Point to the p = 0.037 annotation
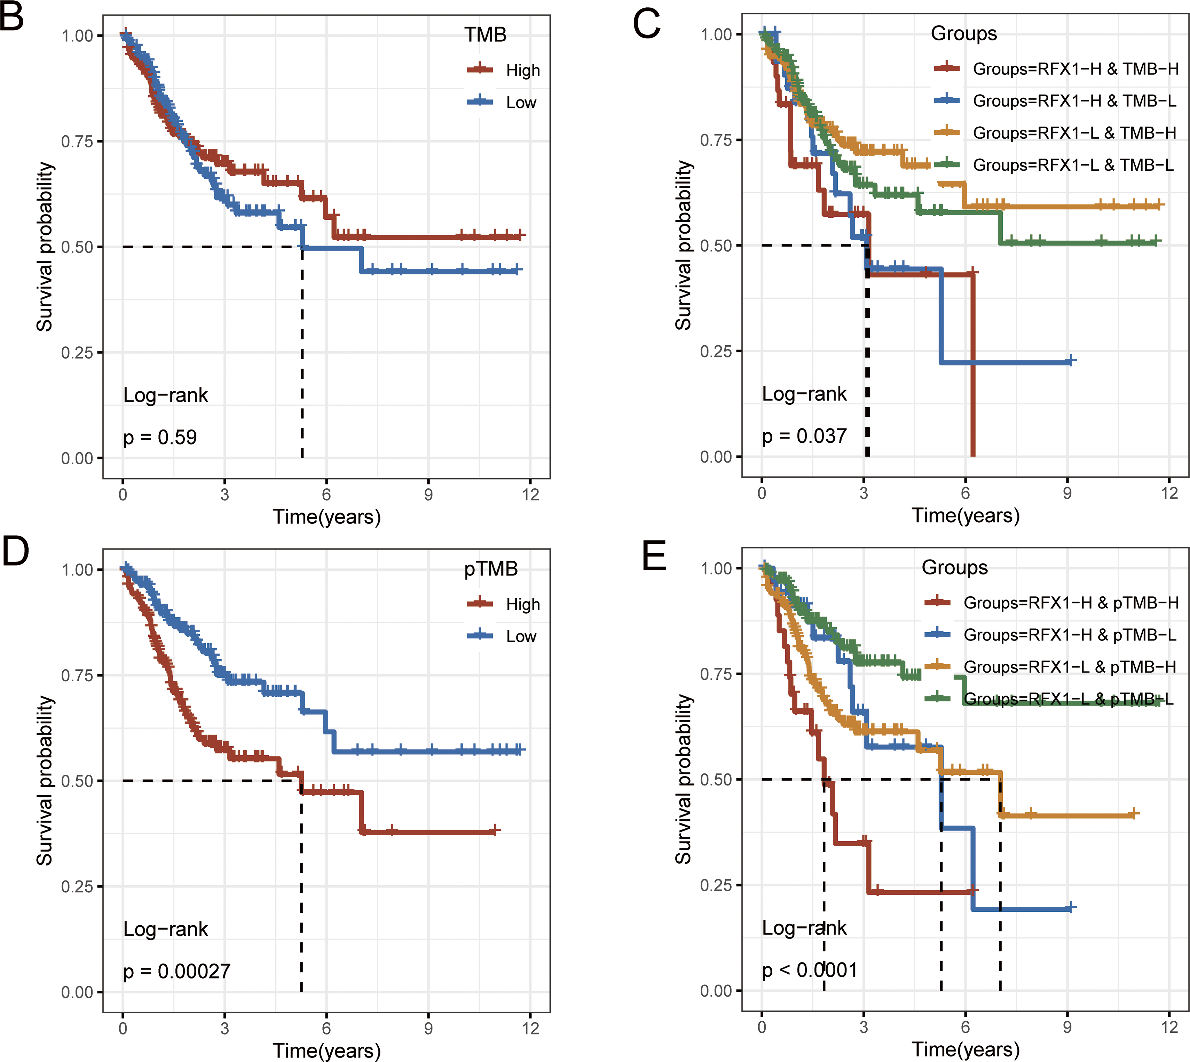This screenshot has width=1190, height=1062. (x=804, y=436)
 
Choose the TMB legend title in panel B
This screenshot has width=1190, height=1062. (x=485, y=35)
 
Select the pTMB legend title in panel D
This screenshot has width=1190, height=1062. (x=490, y=569)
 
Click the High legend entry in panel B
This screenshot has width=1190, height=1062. (x=522, y=71)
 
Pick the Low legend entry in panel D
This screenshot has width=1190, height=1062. (x=521, y=636)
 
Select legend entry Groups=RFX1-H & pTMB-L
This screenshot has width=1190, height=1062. (x=1069, y=635)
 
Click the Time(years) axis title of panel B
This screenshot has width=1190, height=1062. (x=326, y=517)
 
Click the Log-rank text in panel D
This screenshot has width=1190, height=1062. (x=165, y=929)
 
